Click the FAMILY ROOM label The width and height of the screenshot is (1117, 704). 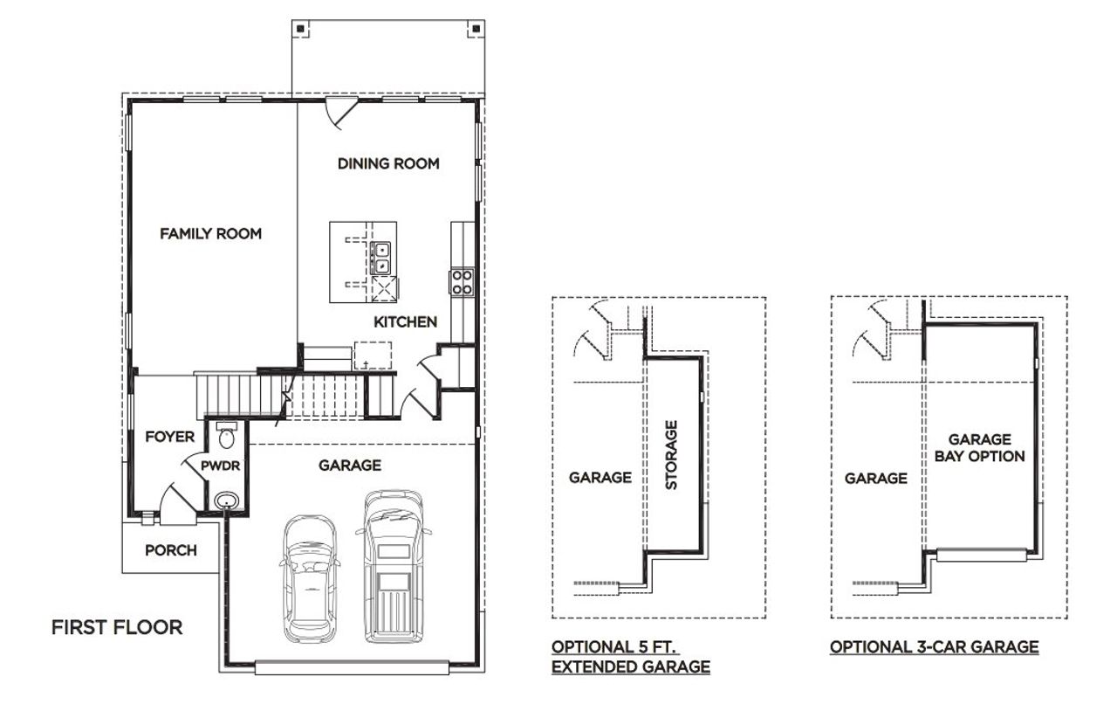pos(210,233)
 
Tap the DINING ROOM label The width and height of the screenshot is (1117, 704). pos(388,163)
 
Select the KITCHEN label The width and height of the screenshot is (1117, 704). pos(405,322)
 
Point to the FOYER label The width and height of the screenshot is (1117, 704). pos(169,437)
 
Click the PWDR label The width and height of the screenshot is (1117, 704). pos(220,466)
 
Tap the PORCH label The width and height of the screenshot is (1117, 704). pos(170,550)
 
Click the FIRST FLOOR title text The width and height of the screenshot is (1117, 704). pos(117,627)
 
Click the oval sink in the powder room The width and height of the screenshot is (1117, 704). pos(227,500)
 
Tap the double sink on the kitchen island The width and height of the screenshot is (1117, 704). pos(382,258)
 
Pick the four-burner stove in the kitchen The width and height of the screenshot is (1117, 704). pos(462,281)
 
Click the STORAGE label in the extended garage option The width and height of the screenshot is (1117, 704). pos(671,454)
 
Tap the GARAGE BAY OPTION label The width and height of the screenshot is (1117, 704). pos(979,448)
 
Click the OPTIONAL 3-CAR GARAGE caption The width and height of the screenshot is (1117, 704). pos(934,647)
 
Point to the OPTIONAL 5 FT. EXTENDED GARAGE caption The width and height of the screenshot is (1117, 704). pos(630,657)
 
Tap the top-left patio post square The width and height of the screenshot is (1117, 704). pos(301,29)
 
